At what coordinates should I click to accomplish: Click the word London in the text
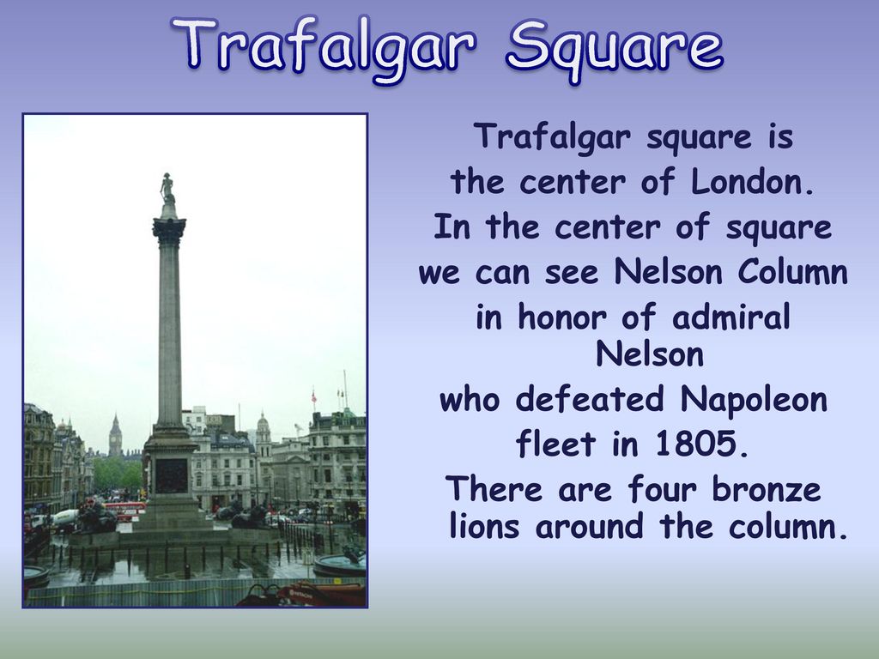point(752,182)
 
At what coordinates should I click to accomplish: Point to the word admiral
point(731,317)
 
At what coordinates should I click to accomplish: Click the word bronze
point(767,488)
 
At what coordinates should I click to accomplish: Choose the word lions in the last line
point(484,526)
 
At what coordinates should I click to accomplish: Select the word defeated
point(589,399)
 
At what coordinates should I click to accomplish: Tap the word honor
point(562,317)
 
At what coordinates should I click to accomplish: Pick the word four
point(662,488)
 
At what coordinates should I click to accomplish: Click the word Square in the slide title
point(615,46)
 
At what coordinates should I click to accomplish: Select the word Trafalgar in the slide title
point(324,46)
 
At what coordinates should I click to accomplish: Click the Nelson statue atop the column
point(167,190)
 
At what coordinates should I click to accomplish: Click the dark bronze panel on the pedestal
point(171,475)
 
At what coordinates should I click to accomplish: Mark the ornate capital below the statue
point(169,230)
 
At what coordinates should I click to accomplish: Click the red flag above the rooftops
point(314,397)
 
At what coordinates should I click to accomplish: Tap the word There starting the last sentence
point(494,488)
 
